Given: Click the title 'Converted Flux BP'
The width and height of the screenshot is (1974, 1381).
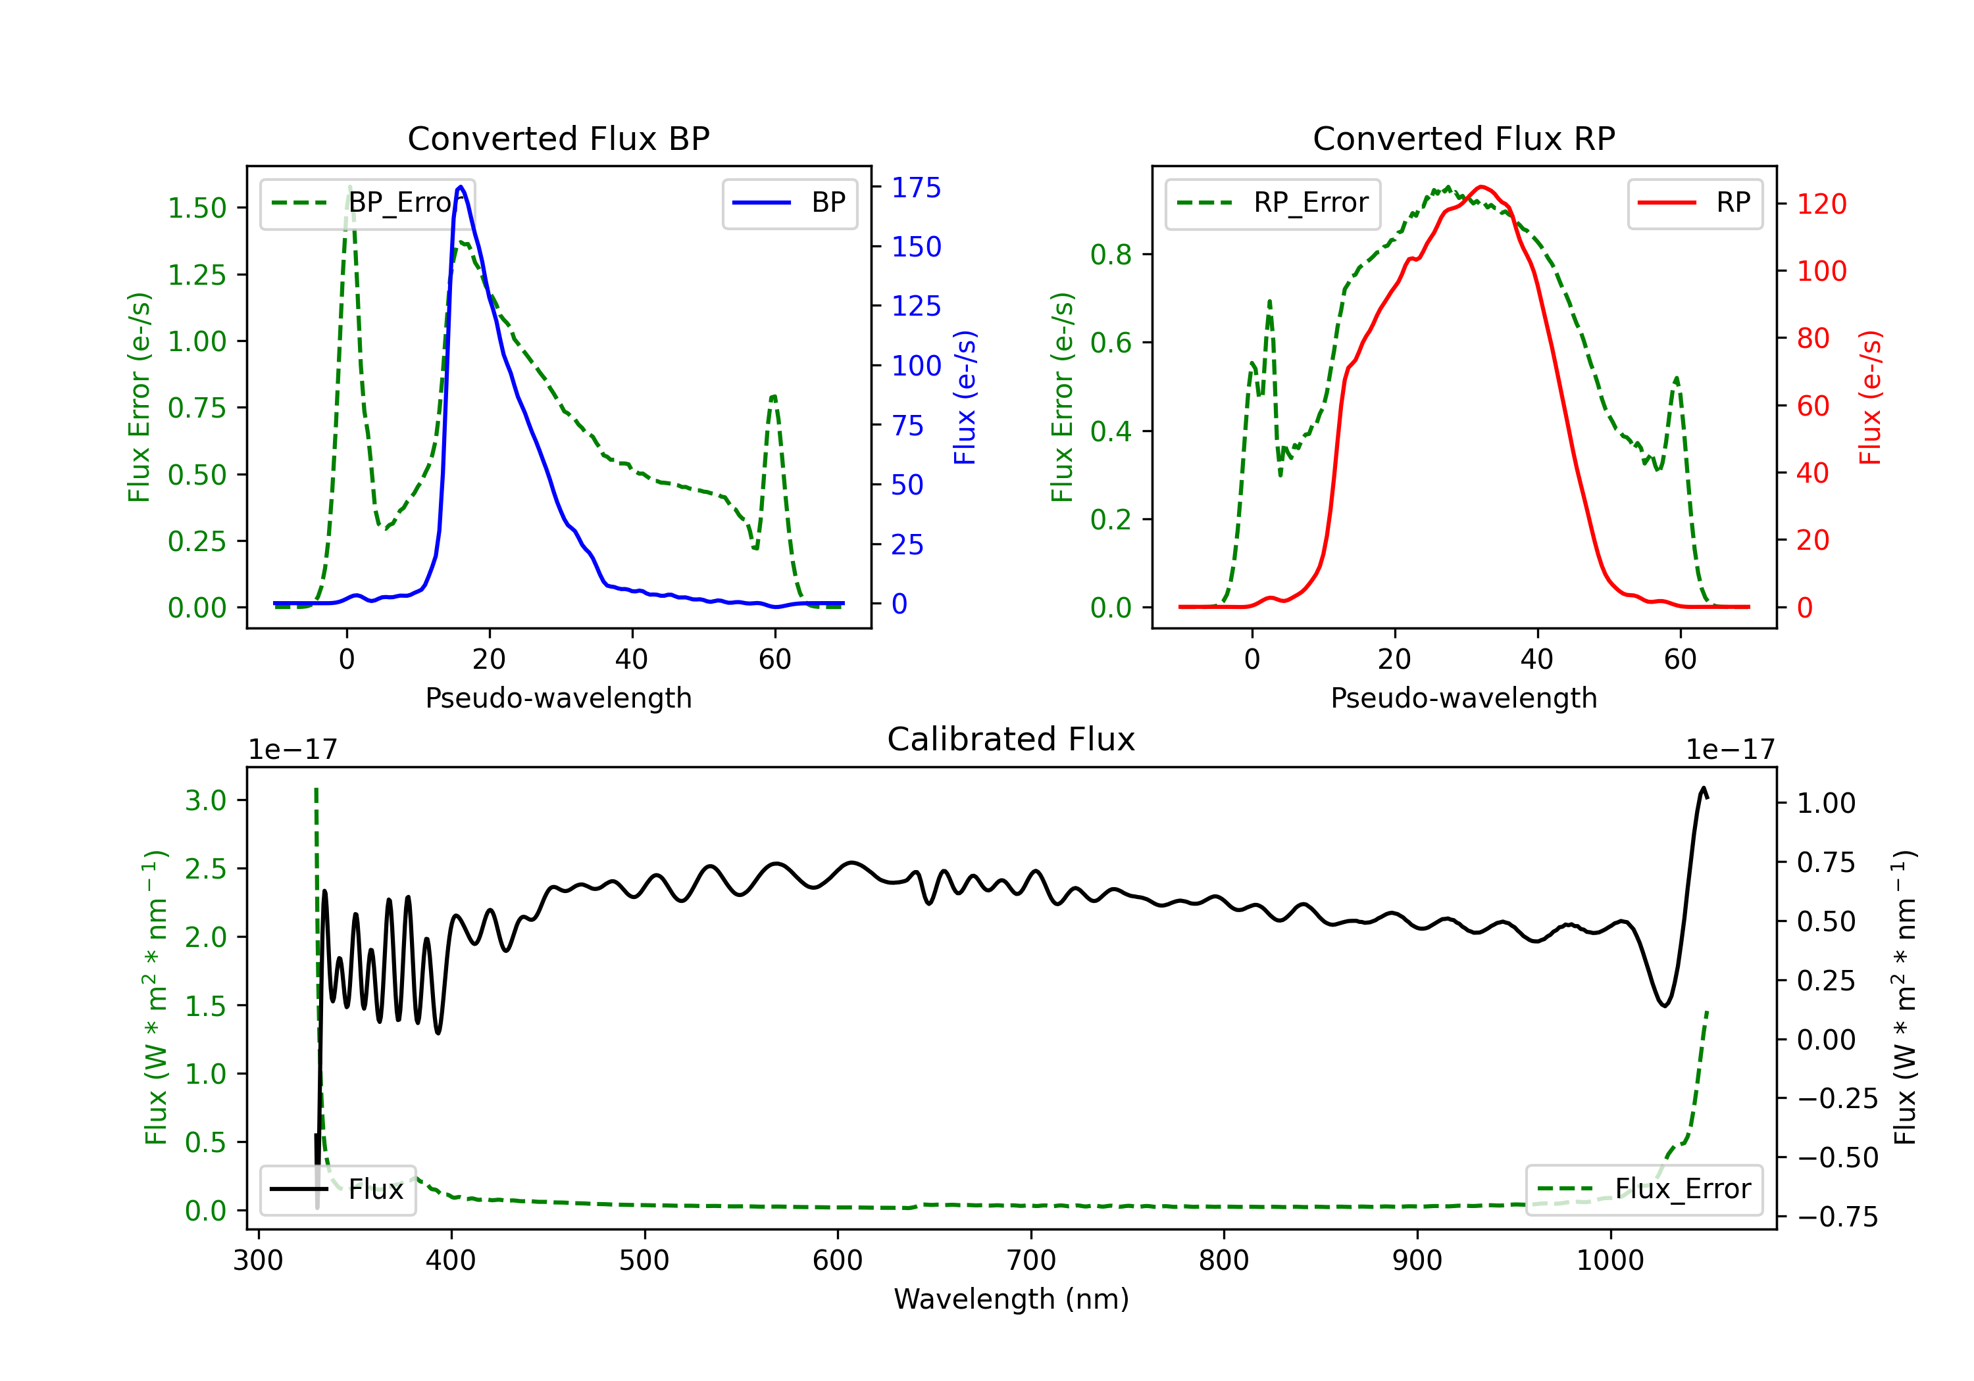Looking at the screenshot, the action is coord(558,138).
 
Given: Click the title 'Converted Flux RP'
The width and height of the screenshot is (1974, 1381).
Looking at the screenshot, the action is coord(1463,138).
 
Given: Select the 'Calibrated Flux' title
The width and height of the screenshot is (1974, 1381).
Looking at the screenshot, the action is coord(1011,739).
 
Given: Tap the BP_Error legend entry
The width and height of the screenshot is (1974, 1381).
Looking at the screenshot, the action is coord(368,203).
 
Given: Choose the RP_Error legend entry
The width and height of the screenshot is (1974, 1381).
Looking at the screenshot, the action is coord(1273,203).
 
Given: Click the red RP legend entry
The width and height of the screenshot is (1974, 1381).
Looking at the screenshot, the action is coord(1694,203).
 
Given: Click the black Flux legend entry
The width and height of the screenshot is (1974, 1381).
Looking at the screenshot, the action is coord(337,1190).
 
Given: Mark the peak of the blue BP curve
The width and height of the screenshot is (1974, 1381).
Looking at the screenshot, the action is coord(461,187).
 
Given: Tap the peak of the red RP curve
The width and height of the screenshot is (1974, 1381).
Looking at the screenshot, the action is coord(1480,187).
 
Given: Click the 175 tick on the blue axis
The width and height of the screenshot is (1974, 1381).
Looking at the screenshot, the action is coord(916,187).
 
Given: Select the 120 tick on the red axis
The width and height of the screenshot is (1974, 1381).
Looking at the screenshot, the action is coord(1821,204).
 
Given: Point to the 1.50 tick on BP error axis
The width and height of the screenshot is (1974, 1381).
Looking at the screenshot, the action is coord(197,208).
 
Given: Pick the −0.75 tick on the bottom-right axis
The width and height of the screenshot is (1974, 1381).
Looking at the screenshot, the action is coord(1837,1217).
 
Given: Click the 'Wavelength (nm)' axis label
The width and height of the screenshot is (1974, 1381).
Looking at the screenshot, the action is coord(1011,1299).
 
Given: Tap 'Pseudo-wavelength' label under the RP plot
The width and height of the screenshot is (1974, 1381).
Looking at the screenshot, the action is coord(1463,698).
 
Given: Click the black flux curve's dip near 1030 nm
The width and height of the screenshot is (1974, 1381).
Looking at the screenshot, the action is coord(1665,1005).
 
